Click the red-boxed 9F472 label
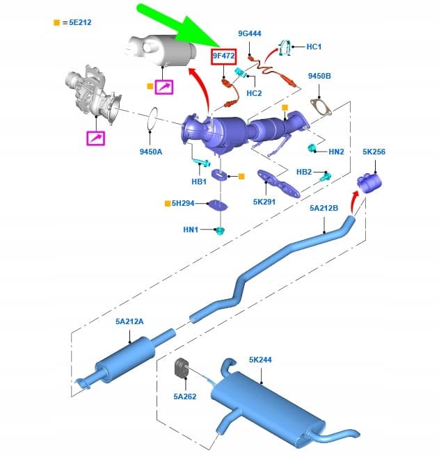pos(223,56)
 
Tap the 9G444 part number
pos(250,33)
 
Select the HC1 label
pos(314,47)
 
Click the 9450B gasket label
pos(319,76)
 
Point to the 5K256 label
pos(374,152)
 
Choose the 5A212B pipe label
pos(324,208)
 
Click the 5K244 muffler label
pos(260,360)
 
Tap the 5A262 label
pos(185,396)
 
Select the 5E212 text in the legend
pos(80,22)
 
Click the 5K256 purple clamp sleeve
pos(369,183)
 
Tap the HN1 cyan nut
pos(220,231)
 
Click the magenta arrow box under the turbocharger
pos(95,138)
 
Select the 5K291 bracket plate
pos(278,184)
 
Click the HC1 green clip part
pos(285,47)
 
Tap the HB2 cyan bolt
pos(326,176)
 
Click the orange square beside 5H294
pos(168,203)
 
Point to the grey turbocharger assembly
pos(93,94)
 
